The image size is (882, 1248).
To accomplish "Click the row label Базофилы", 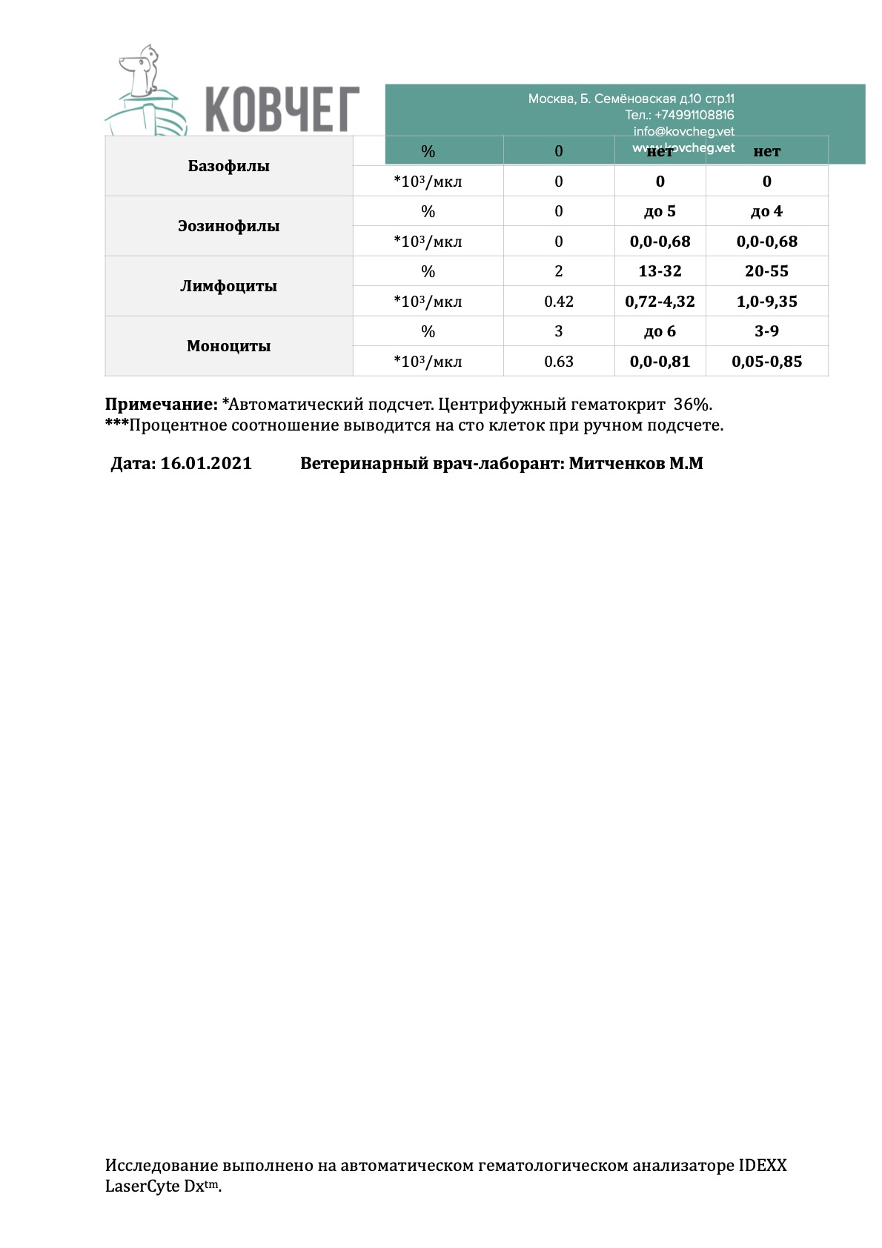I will point(228,166).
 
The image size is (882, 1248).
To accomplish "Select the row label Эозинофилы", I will point(228,226).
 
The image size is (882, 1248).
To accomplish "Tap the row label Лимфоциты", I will point(228,286).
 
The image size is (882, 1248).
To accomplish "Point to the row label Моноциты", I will point(228,346).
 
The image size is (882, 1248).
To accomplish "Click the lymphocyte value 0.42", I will point(558,302).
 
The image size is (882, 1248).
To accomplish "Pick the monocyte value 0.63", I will point(558,362).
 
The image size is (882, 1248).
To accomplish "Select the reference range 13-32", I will point(660,271).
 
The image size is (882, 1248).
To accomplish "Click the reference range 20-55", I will point(766,271).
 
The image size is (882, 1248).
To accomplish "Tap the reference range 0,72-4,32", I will point(660,302).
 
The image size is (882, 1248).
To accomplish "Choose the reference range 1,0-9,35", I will point(766,302).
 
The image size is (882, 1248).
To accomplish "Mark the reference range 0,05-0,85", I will point(766,362).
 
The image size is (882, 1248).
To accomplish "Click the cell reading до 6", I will point(660,331).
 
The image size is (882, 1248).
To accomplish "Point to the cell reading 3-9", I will point(766,331).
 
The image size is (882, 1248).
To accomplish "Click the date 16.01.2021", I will point(206,464).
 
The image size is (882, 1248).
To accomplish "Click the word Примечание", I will point(161,405).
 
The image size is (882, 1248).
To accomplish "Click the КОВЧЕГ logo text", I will point(282,109).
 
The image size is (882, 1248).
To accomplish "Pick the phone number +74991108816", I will point(694,115).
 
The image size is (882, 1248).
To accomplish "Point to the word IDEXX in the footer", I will point(762,1166).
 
